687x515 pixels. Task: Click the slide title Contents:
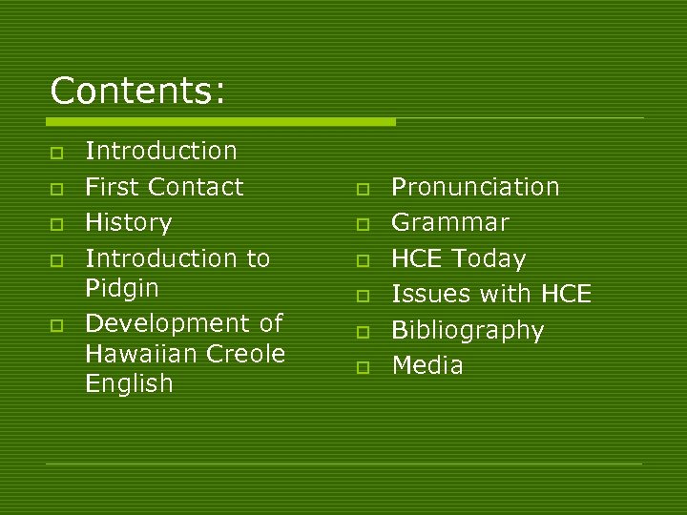138,92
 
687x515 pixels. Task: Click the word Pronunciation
475,187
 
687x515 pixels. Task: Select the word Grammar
450,223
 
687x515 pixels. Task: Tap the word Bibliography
468,331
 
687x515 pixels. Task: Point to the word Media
427,365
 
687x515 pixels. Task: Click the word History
128,223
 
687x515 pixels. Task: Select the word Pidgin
122,288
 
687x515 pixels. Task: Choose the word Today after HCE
489,259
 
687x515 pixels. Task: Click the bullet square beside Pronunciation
364,189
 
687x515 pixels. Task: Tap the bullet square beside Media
364,367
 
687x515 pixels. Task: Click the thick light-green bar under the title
220,122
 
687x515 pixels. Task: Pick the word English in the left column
129,384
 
